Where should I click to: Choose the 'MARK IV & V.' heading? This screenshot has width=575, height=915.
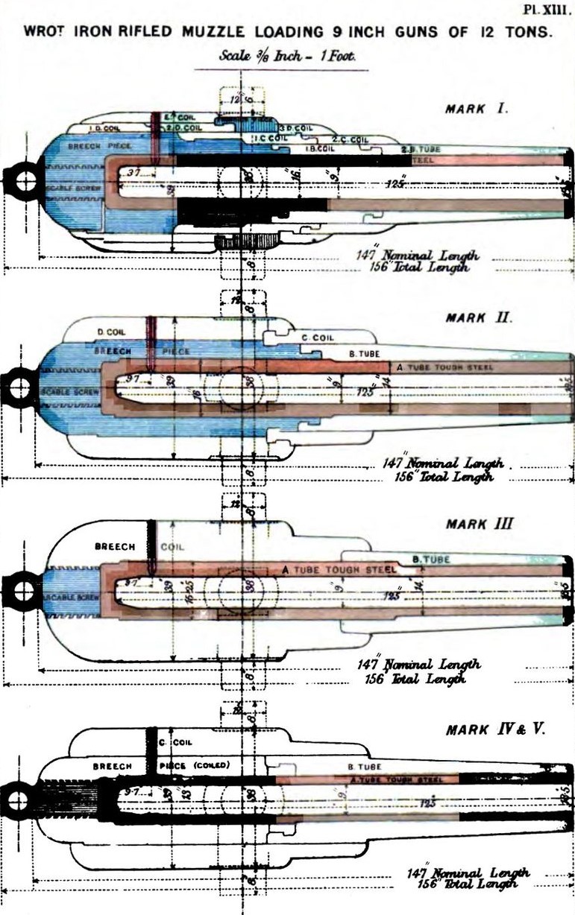click(x=495, y=729)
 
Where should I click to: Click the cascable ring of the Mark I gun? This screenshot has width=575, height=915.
click(x=23, y=180)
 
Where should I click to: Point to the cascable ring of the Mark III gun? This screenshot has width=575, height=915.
click(x=23, y=592)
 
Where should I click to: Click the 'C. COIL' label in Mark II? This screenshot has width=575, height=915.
click(x=316, y=338)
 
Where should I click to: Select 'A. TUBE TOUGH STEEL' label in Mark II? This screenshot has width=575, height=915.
click(x=442, y=367)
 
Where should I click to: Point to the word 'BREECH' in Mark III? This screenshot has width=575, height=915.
click(x=115, y=546)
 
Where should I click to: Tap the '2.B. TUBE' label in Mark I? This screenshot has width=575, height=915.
click(x=422, y=149)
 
